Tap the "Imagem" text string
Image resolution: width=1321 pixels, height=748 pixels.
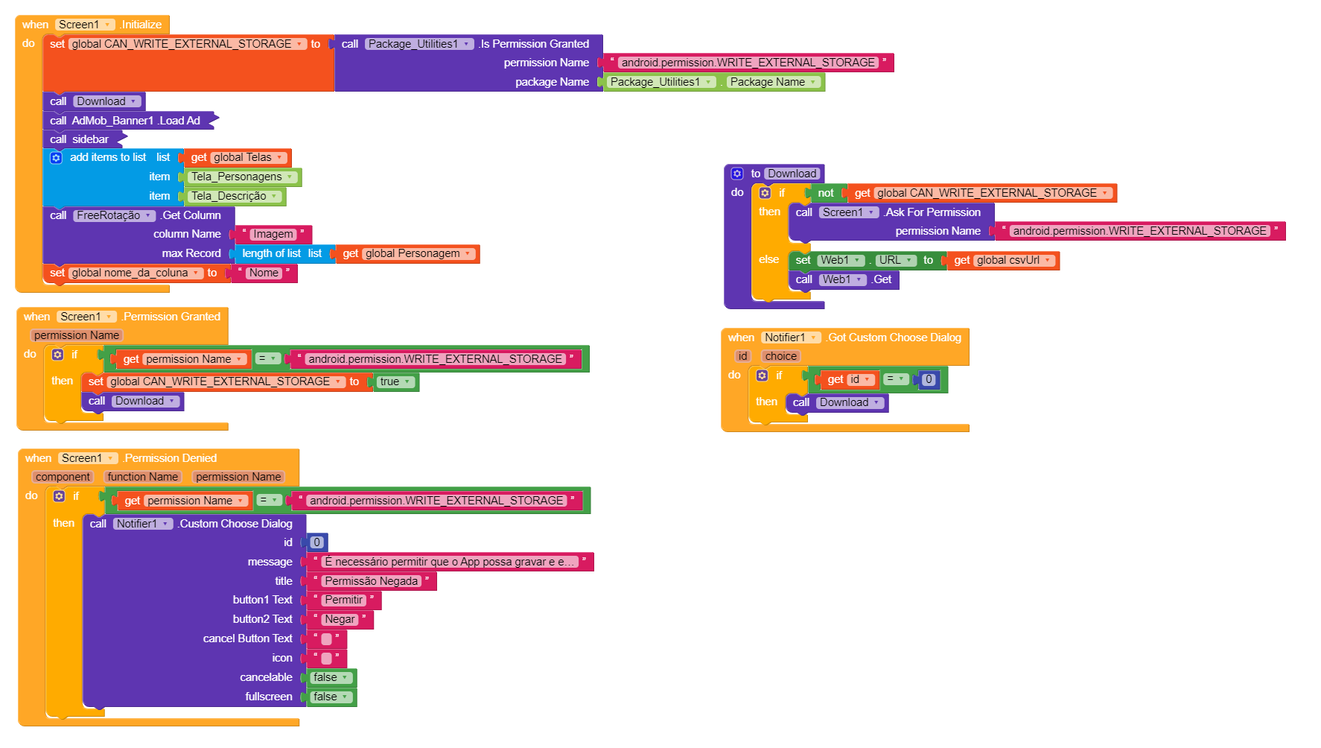coord(273,235)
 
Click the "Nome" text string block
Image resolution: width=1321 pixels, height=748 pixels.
coord(264,273)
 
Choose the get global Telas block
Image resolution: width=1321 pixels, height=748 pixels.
coord(238,158)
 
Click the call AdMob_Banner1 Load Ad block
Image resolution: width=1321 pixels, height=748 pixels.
coord(130,121)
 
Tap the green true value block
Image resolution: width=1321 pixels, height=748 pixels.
coord(395,382)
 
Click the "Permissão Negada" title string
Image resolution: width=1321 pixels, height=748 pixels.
coord(371,582)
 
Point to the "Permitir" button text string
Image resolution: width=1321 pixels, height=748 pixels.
coord(343,600)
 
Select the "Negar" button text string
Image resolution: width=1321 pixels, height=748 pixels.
coord(340,620)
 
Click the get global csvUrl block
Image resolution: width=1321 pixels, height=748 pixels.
coord(1002,261)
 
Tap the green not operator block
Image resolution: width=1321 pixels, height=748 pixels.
coord(825,194)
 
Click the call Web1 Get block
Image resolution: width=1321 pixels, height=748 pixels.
coord(844,280)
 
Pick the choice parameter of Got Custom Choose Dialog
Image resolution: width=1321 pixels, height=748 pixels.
coord(780,357)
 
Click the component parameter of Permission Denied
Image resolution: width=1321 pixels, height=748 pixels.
coord(63,478)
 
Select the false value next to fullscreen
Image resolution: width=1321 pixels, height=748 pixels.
coord(330,697)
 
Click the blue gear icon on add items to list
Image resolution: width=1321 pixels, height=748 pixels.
coord(56,158)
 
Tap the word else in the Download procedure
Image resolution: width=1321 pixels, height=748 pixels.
coord(768,260)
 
